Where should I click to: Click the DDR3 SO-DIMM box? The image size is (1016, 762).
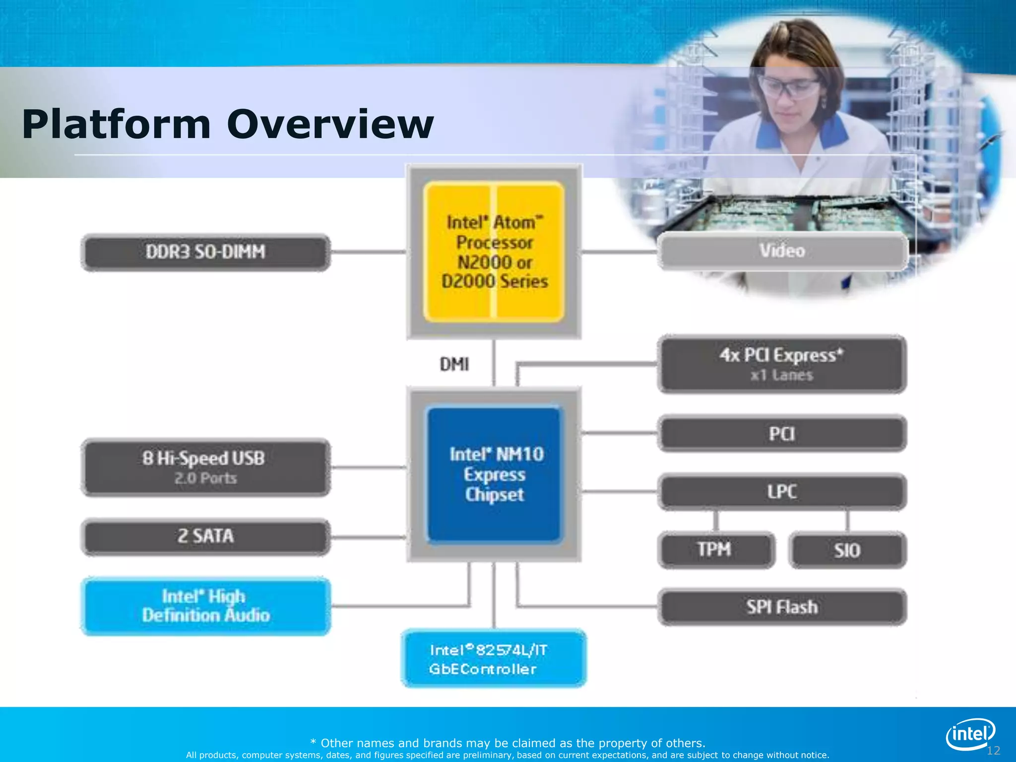coord(205,252)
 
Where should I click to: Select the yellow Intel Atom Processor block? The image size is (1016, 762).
coord(494,252)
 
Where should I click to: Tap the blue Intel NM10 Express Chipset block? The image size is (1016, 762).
coord(494,474)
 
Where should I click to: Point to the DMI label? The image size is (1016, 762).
coord(454,365)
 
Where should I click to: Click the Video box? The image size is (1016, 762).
coord(782,251)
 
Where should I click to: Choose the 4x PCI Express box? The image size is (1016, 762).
coord(782,364)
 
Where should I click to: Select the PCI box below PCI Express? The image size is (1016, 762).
coord(782,434)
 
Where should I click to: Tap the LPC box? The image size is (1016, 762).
coord(782,492)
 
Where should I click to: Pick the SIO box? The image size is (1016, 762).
coord(847,550)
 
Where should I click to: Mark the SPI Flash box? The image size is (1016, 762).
coord(782,607)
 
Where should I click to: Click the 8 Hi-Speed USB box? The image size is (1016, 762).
coord(205,467)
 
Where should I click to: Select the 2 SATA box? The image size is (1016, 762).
coord(205,536)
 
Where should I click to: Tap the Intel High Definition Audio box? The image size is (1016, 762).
coord(205,606)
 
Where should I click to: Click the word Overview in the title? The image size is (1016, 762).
coord(330,124)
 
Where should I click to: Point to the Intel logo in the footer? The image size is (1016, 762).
coord(970,734)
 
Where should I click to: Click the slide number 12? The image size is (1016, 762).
coord(993,751)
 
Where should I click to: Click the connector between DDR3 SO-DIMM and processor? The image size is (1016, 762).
coord(368,252)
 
